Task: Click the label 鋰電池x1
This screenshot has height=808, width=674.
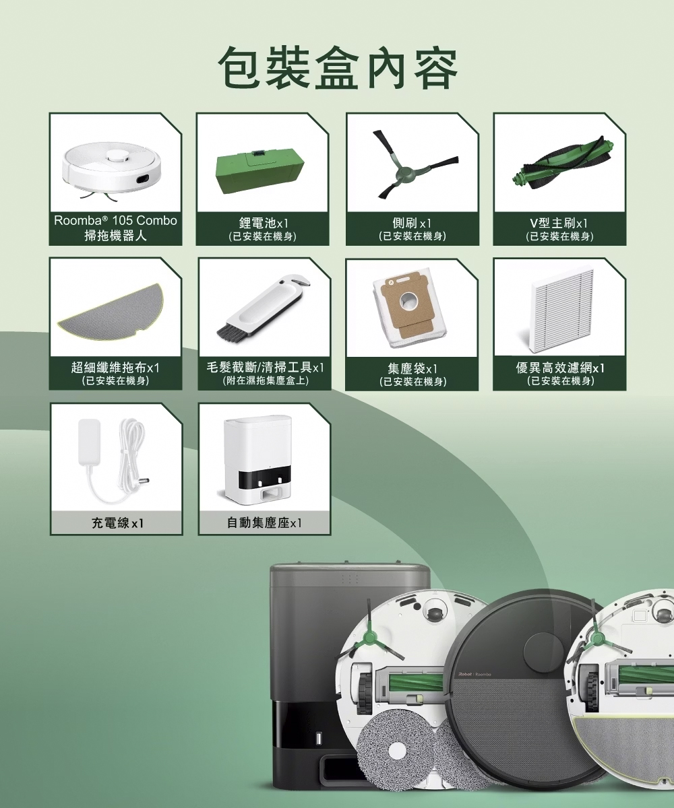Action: pyautogui.click(x=264, y=223)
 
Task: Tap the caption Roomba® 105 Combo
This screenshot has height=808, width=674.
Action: pyautogui.click(x=115, y=221)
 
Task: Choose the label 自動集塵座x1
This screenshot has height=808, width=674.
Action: pyautogui.click(x=264, y=523)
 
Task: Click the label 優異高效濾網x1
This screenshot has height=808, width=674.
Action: pyautogui.click(x=559, y=368)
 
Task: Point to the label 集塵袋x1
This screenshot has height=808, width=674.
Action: pyautogui.click(x=412, y=368)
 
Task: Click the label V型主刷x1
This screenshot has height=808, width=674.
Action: pyautogui.click(x=559, y=223)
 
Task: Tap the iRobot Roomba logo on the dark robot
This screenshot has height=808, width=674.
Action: pyautogui.click(x=474, y=675)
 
